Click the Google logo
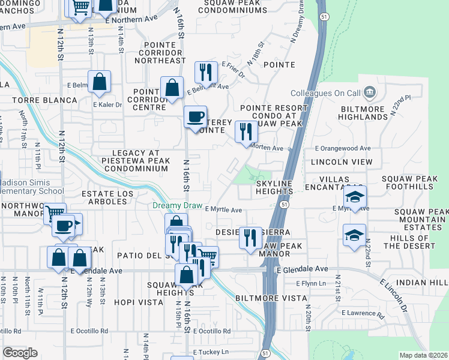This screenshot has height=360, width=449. tap(20, 353)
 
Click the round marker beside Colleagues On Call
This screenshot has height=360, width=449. tap(369, 93)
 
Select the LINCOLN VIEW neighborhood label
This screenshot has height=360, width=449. tap(342, 162)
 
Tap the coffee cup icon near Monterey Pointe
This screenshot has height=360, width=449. tap(195, 116)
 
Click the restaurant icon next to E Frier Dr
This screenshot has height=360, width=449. tap(206, 72)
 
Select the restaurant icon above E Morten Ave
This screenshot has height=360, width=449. tap(245, 131)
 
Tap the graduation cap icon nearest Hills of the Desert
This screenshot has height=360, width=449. tap(355, 235)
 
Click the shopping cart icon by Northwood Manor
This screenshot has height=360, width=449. tap(55, 213)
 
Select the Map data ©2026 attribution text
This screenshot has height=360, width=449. tap(423, 355)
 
